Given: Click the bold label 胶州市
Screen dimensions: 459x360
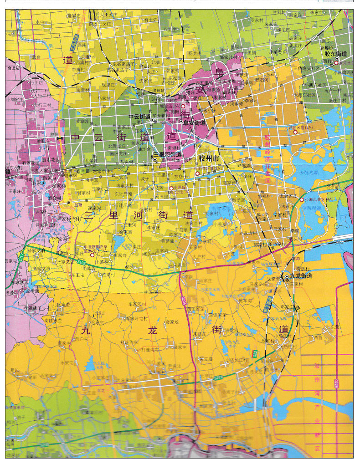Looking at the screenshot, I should tap(209, 158).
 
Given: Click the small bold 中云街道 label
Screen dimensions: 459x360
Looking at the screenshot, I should tap(139, 117).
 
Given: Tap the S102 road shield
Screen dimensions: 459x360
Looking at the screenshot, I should tap(81, 262).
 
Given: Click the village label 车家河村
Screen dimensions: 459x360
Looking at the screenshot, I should tap(137, 304).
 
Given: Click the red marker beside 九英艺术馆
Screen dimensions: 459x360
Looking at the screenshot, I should tap(295, 132).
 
